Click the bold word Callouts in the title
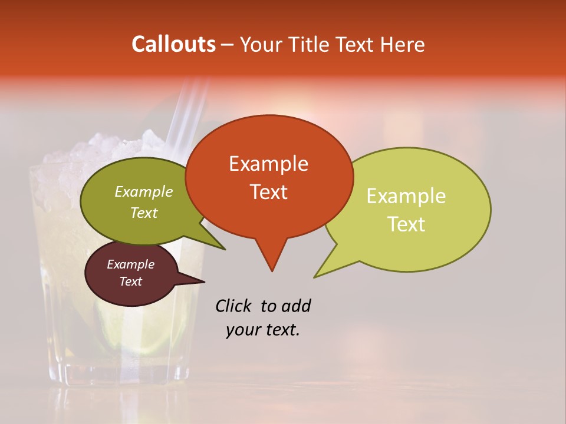coord(173,44)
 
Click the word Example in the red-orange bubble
coord(268,164)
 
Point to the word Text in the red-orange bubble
coord(268,192)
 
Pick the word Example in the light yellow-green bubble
coord(406,196)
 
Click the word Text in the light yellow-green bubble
coord(406,224)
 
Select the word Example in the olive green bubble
coord(144,192)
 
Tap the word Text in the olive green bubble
coord(144,213)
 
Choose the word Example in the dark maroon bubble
coord(131,264)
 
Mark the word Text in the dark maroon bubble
coord(131,281)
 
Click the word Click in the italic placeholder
coord(233,306)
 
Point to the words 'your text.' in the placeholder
coord(263,330)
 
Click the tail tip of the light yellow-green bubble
coord(317,276)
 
